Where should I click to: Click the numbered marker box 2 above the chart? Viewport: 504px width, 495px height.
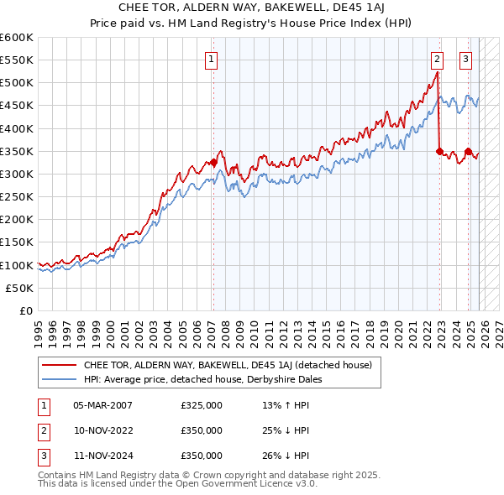tap(438, 59)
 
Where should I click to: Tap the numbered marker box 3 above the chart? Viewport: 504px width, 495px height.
tap(465, 59)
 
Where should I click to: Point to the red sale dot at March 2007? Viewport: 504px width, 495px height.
tap(213, 163)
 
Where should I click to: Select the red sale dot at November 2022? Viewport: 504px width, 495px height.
tap(439, 151)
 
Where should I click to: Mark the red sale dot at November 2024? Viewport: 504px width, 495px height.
tap(468, 151)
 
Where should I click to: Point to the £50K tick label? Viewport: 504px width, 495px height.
tap(20, 288)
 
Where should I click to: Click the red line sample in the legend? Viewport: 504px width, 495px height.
tap(59, 365)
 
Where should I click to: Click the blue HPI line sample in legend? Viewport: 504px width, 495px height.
tap(59, 379)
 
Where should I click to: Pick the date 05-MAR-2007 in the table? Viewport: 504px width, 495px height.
tap(102, 405)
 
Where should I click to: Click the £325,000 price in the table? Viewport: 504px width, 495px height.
tap(201, 405)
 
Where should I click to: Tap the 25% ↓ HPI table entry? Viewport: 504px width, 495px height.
tap(286, 430)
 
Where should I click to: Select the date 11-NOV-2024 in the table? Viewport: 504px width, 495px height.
tap(102, 456)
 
